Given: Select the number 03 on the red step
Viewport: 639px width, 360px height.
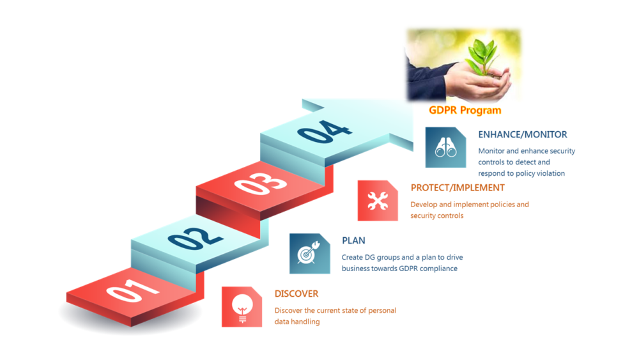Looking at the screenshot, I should tap(260, 184).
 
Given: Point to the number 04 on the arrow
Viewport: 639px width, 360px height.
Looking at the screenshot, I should tap(325, 133).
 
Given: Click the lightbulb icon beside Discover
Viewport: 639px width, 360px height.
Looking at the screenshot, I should tap(242, 306).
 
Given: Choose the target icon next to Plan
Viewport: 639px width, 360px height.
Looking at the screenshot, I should tap(309, 254).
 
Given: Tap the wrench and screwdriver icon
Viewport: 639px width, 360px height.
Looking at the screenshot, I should tap(378, 201).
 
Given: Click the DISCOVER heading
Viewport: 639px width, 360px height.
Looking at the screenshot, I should tap(296, 293).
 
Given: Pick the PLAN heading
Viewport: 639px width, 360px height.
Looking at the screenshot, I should tap(353, 240).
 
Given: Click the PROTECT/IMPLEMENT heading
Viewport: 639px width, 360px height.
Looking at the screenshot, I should tap(458, 187).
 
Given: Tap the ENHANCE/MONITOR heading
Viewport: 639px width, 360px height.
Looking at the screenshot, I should tap(523, 134).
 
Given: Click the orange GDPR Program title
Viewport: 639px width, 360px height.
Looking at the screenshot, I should tap(465, 110).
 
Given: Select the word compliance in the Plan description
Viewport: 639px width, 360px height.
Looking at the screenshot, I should tap(438, 269).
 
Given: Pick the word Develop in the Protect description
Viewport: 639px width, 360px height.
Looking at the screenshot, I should tap(424, 205).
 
